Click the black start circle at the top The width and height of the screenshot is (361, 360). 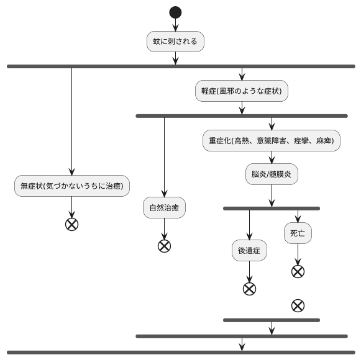click(x=175, y=12)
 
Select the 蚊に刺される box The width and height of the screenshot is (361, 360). click(x=175, y=42)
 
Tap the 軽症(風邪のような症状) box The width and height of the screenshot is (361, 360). click(x=242, y=91)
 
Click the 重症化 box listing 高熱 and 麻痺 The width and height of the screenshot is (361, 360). click(x=272, y=141)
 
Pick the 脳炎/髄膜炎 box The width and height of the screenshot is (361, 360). click(x=272, y=174)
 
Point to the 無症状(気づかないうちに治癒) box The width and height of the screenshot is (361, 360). click(x=71, y=186)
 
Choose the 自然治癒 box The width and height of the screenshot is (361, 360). click(x=164, y=208)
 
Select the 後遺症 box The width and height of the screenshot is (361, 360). click(x=249, y=251)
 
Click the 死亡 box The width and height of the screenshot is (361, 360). click(x=298, y=233)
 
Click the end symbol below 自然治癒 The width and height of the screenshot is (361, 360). click(x=164, y=246)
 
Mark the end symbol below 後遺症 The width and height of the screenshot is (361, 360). click(x=249, y=289)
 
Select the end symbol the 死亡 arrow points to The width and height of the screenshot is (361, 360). click(x=298, y=271)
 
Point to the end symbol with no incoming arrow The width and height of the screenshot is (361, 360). click(x=298, y=305)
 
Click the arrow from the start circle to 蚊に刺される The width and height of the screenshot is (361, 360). click(x=175, y=25)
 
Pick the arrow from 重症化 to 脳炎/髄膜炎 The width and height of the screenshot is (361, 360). click(x=272, y=158)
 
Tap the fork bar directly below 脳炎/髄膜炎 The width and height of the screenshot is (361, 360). click(x=272, y=209)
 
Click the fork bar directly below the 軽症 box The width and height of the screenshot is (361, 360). click(x=242, y=116)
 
